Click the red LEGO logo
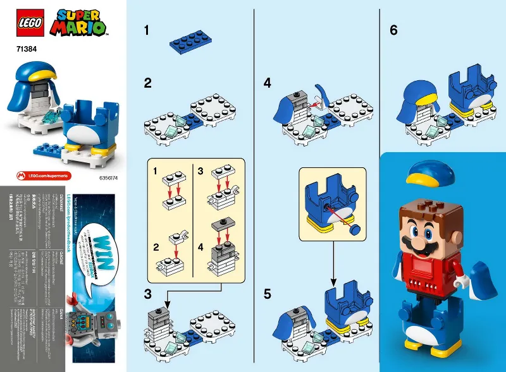point(27,22)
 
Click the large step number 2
point(147,83)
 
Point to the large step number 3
point(147,294)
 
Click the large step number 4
point(268,83)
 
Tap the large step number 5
point(268,294)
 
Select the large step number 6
point(393,30)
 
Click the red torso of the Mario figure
point(430,269)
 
